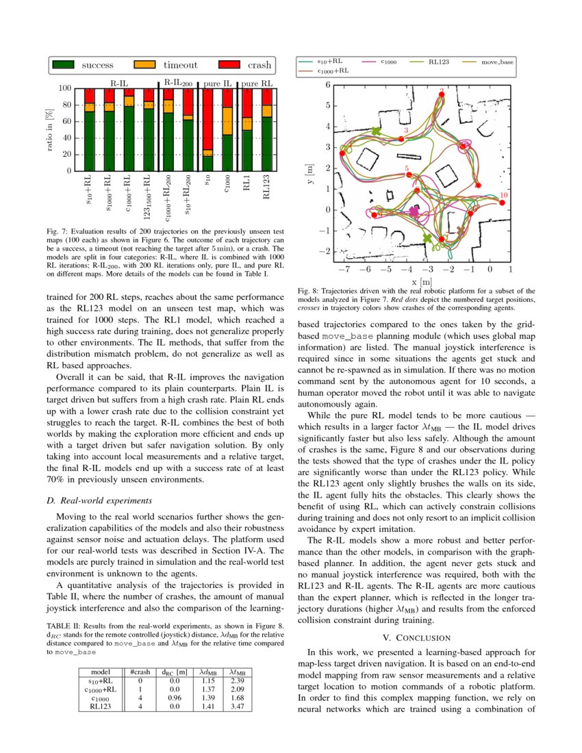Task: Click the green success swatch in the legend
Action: [x=62, y=65]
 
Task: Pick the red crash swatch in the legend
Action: [x=228, y=65]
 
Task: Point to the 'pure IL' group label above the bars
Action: [x=218, y=83]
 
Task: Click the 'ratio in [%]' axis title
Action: [x=49, y=129]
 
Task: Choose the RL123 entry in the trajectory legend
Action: [x=438, y=62]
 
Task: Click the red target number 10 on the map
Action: [x=504, y=195]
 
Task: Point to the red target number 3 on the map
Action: [x=406, y=130]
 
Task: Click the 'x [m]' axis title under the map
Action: [x=421, y=281]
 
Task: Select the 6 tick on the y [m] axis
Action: [x=328, y=85]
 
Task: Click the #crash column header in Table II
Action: [x=140, y=673]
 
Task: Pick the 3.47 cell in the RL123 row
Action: [x=238, y=706]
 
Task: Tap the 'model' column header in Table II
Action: [x=101, y=673]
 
